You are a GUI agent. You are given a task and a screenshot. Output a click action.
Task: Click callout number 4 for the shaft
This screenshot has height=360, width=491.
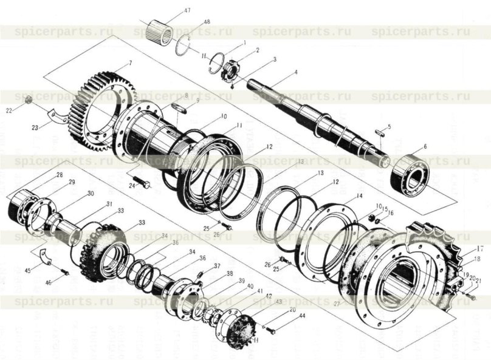[296, 73]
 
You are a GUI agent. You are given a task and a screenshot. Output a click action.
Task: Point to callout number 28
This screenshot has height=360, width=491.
[60, 175]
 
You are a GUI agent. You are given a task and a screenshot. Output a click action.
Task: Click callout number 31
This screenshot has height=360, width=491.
[111, 203]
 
